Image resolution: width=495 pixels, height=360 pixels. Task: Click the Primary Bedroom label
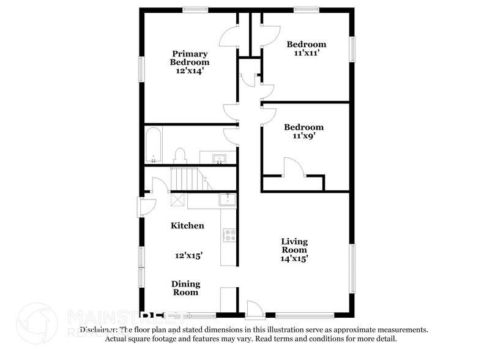pyautogui.click(x=190, y=58)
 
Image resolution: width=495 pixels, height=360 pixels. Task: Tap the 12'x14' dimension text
pyautogui.click(x=190, y=70)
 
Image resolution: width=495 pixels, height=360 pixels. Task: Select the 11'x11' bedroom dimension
pyautogui.click(x=307, y=53)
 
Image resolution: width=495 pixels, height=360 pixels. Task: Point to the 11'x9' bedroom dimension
pyautogui.click(x=303, y=137)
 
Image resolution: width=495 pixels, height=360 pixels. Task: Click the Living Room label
pyautogui.click(x=294, y=245)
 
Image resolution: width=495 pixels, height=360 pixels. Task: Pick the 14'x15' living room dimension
pyautogui.click(x=294, y=258)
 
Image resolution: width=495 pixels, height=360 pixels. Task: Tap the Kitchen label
pyautogui.click(x=187, y=225)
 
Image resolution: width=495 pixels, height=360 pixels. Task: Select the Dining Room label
pyautogui.click(x=185, y=288)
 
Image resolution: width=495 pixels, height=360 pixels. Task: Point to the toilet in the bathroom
pyautogui.click(x=181, y=156)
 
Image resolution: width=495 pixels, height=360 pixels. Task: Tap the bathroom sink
pyautogui.click(x=219, y=159)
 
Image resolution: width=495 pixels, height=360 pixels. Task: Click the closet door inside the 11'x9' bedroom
pyautogui.click(x=291, y=168)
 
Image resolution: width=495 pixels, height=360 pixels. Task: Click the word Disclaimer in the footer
pyautogui.click(x=97, y=329)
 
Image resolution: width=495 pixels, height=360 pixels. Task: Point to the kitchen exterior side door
pyautogui.click(x=147, y=206)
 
